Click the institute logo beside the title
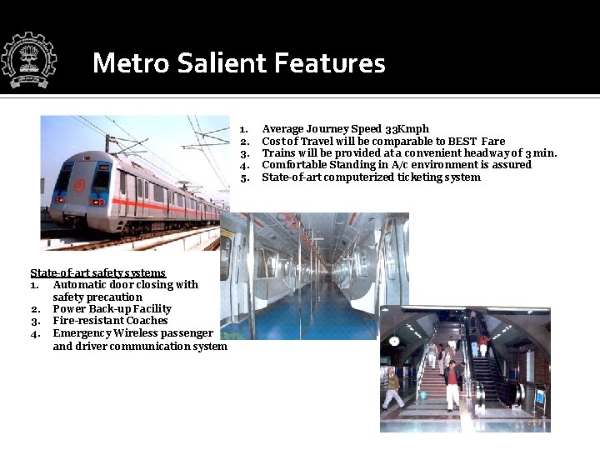click(28, 61)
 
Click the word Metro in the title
click(124, 63)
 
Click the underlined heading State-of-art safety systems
click(97, 273)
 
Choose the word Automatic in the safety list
click(82, 285)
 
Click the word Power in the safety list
click(69, 309)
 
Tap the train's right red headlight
click(98, 202)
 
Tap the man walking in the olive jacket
click(392, 388)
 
